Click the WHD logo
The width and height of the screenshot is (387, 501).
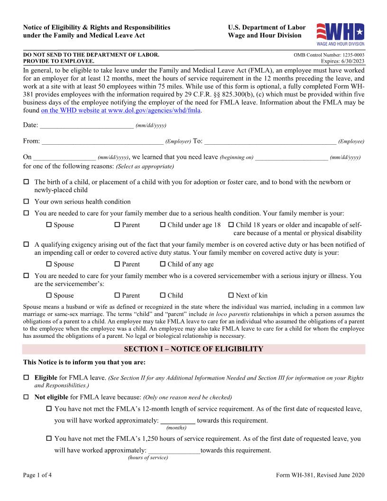pos(340,34)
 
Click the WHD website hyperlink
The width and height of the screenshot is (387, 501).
pos(121,111)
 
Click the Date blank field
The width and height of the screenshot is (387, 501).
pos(86,125)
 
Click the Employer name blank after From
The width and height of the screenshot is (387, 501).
pos(102,141)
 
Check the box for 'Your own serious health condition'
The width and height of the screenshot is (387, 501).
pos(26,202)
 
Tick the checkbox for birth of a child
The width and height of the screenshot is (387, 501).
pos(26,182)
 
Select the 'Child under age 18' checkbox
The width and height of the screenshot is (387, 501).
pos(163,225)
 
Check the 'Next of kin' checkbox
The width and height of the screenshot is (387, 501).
pos(231,295)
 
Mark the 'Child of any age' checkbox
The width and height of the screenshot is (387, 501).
pos(163,264)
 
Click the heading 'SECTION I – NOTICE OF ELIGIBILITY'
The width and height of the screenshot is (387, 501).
pos(193,349)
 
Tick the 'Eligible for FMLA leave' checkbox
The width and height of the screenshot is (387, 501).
pos(26,378)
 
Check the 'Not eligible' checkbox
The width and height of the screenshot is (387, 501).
pos(26,397)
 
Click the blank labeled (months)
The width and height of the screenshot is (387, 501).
pos(178,421)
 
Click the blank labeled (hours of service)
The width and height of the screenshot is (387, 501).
pos(174,451)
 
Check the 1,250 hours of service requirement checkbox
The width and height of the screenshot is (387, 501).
pos(49,439)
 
